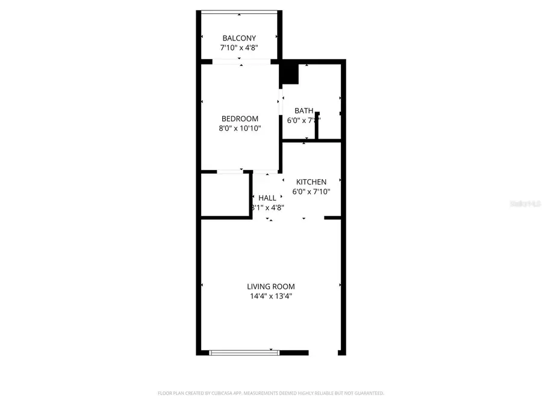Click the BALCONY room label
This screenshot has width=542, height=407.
click(x=239, y=38)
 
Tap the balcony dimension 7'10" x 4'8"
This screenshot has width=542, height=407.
click(x=239, y=48)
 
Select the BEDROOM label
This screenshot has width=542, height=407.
click(x=240, y=119)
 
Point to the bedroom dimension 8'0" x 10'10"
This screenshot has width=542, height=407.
click(x=240, y=128)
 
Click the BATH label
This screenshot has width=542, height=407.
click(x=304, y=111)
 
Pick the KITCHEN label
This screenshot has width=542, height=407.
click(x=311, y=182)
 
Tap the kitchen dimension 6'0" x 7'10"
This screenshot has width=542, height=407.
click(x=311, y=192)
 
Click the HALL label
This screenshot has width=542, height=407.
click(x=267, y=198)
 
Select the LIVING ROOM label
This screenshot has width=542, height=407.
click(x=271, y=286)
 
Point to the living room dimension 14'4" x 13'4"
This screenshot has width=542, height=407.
click(x=271, y=296)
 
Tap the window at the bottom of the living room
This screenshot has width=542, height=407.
click(x=245, y=352)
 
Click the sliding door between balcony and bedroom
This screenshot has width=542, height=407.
click(x=241, y=61)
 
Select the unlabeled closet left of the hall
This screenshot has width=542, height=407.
click(x=225, y=195)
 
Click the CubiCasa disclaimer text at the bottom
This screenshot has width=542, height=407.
click(x=271, y=393)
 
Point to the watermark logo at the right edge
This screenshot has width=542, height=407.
click(x=525, y=204)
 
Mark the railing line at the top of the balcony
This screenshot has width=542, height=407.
click(x=239, y=11)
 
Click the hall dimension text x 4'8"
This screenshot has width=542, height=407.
click(x=271, y=207)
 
